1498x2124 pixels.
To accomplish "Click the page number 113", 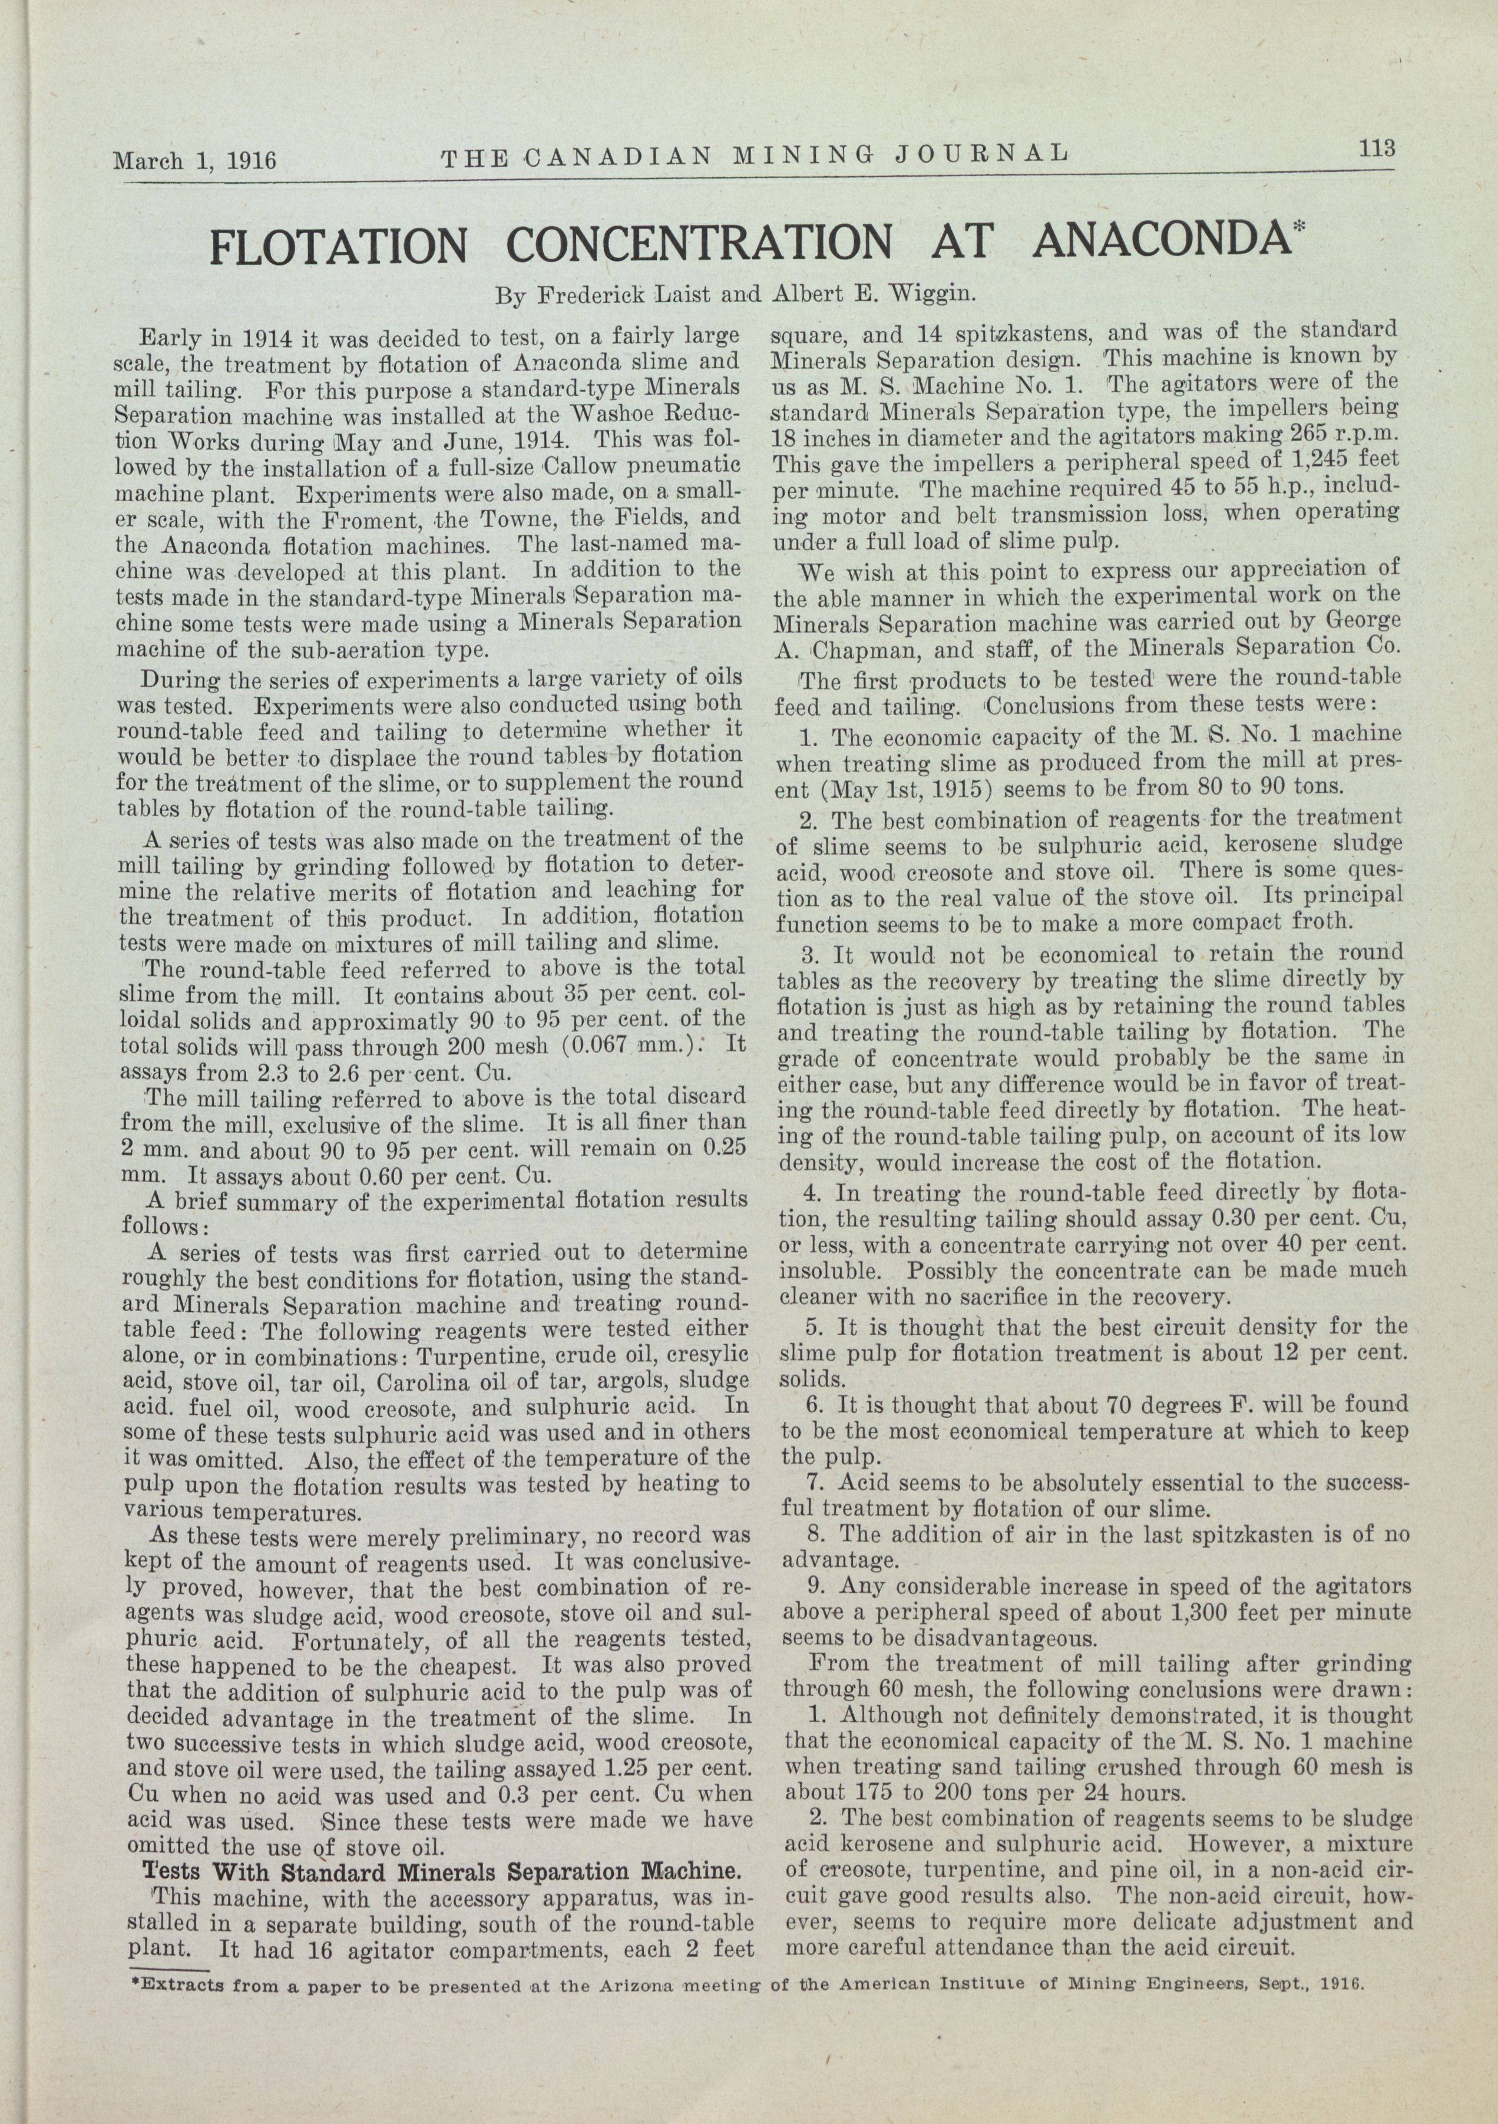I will click(1376, 149).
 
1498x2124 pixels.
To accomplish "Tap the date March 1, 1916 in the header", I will click(194, 160).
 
